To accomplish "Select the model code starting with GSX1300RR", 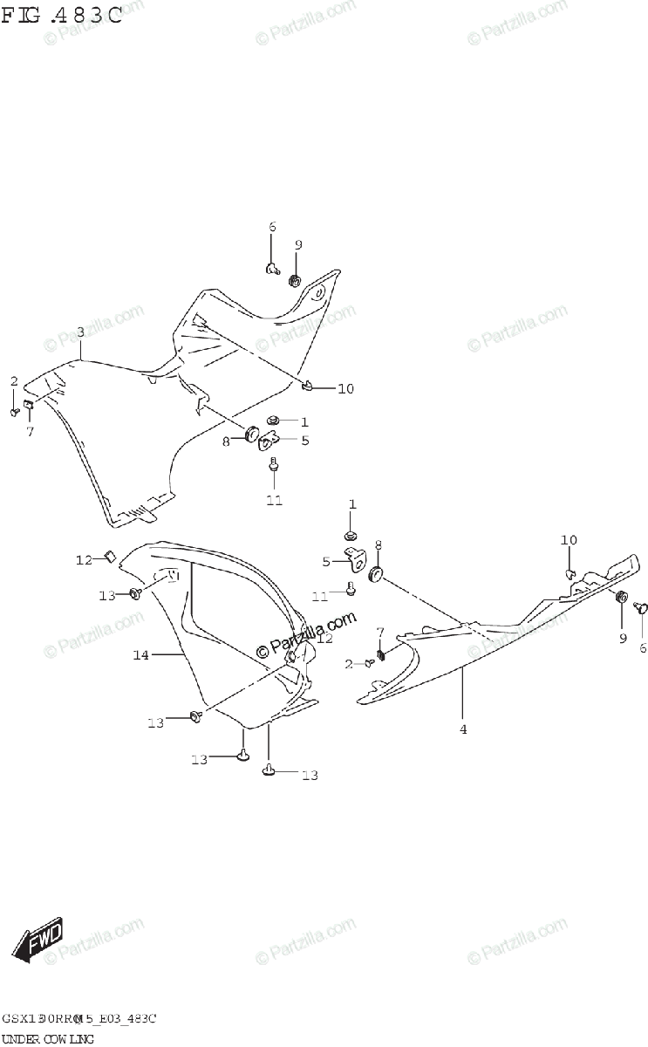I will [78, 1019].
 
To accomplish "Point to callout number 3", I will [80, 332].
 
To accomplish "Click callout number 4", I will [463, 729].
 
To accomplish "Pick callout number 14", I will [141, 654].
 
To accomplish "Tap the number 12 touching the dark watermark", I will [324, 639].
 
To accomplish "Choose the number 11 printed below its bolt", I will [274, 501].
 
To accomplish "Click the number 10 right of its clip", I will [346, 388].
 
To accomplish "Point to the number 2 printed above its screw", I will [14, 381].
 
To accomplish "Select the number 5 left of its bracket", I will [326, 562].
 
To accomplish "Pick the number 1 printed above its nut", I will [352, 504].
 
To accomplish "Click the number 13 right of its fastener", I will [310, 775].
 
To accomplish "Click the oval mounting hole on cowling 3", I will [318, 291].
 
